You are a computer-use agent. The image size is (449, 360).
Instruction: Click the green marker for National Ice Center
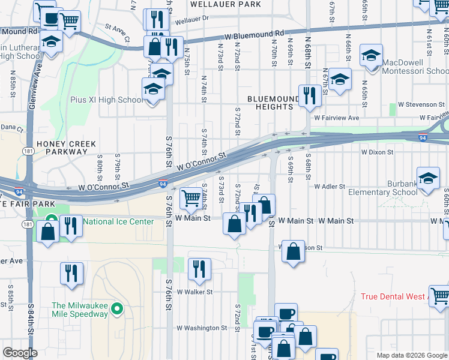51,221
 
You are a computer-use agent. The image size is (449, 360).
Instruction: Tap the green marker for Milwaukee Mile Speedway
117,310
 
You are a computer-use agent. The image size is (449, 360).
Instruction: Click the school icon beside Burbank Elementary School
428,178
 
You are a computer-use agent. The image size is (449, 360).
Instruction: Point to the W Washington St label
202,328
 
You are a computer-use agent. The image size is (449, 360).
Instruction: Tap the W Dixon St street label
376,152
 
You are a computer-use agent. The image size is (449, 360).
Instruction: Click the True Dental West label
393,297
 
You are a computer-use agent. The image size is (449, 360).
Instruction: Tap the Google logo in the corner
20,353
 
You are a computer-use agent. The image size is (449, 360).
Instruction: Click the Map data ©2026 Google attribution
411,355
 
